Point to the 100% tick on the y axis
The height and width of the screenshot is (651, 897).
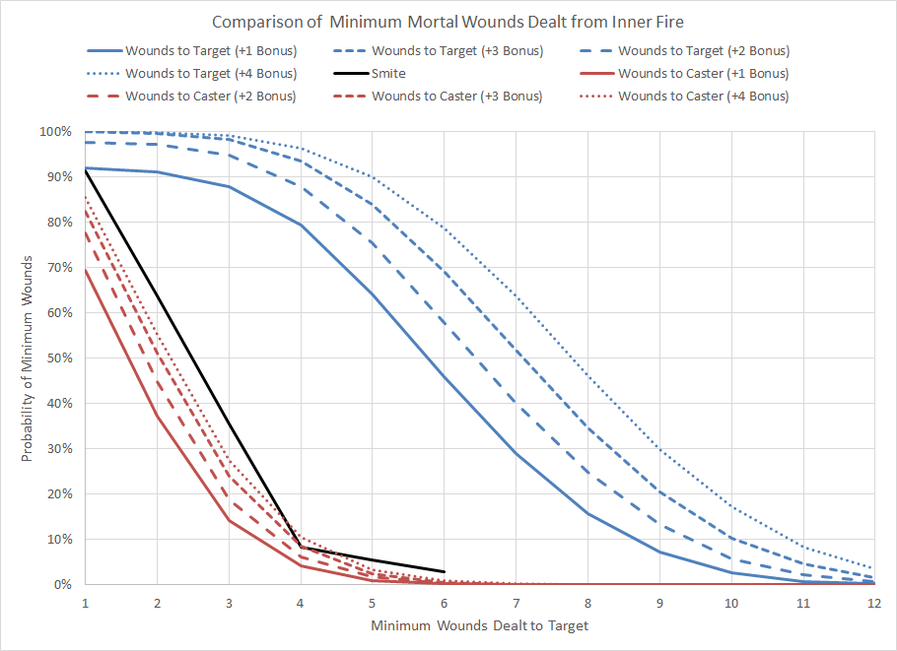point(55,132)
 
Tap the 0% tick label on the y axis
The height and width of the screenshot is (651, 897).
point(61,585)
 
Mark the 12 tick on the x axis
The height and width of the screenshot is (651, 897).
point(872,601)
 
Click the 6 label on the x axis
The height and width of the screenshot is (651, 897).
point(444,601)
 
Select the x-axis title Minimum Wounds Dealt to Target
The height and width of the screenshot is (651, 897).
point(479,625)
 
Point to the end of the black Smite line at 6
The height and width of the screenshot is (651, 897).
point(444,571)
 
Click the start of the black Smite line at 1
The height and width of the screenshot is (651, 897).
point(87,170)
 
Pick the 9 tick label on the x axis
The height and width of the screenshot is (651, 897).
point(658,601)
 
